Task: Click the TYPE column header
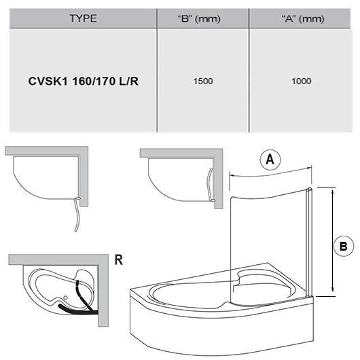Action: [83, 18]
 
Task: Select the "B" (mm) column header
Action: [199, 18]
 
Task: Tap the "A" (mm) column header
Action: [303, 18]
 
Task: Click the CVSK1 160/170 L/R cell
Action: [83, 81]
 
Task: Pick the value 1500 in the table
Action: [203, 81]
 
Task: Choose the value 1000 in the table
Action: [302, 81]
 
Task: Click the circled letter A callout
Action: [270, 160]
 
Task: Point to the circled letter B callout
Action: [344, 246]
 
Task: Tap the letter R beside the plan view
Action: [119, 260]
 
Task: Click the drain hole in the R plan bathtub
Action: [65, 298]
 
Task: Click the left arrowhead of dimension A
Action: [232, 176]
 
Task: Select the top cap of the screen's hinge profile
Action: [308, 190]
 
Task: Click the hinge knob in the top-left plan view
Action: [78, 198]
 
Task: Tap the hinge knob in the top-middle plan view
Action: [213, 200]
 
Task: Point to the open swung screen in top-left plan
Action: [77, 216]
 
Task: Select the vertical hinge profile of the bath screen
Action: [308, 243]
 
